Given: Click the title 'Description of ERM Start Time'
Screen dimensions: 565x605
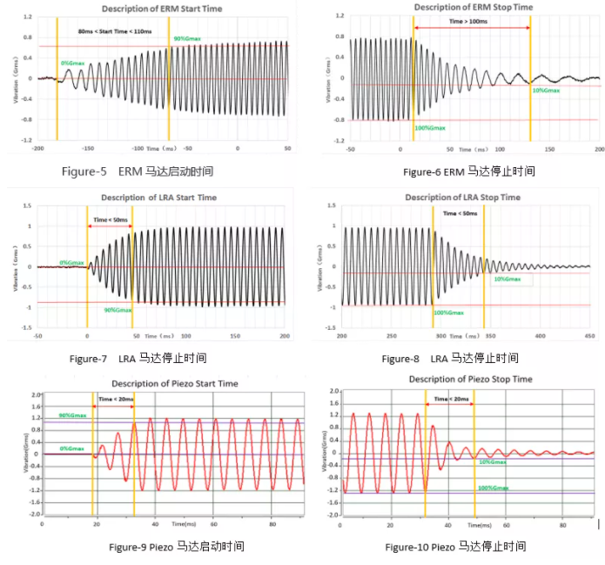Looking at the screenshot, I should click(162, 8).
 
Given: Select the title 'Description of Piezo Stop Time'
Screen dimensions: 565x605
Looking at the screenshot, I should click(470, 380).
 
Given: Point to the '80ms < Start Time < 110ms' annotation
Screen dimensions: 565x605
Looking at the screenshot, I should click(114, 31).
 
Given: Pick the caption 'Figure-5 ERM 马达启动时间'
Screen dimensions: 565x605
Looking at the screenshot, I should click(139, 172).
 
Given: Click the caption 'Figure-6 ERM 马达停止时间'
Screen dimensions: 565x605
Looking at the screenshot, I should click(468, 172).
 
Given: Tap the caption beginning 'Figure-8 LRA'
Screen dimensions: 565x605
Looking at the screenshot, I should click(450, 358).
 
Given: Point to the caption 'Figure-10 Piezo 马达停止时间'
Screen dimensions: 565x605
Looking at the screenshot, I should click(455, 547).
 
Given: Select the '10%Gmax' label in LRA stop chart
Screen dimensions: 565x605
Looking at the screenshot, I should click(507, 279).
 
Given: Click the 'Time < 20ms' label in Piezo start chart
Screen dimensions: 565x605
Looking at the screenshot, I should click(116, 399).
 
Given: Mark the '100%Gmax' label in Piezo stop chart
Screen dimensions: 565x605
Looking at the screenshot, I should click(493, 488).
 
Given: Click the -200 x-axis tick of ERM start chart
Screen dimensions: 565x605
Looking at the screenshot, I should click(37, 149).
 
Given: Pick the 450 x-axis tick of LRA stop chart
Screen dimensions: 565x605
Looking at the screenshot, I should click(589, 335).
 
